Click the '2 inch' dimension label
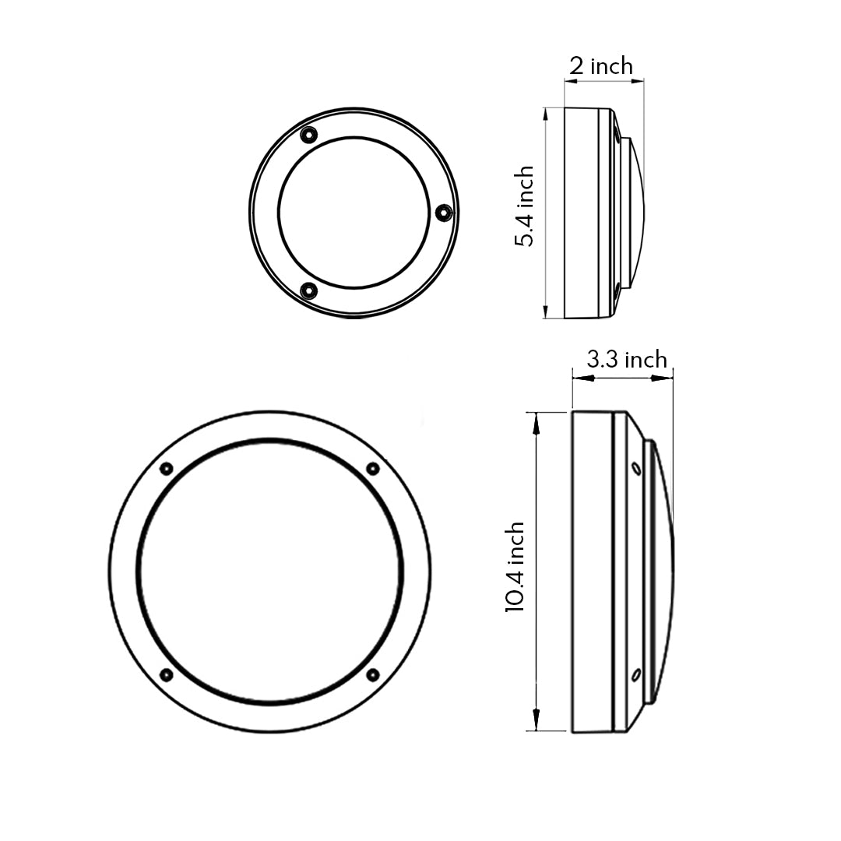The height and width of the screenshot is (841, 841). point(600,66)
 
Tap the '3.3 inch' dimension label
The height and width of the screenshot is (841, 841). point(627,360)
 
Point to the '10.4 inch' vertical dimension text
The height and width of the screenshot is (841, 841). point(515,568)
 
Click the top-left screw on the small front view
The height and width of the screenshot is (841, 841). point(308,135)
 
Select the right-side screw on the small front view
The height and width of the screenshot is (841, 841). point(443,212)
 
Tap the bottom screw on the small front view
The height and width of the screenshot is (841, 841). point(309,291)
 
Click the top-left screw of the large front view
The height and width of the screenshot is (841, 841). point(166,469)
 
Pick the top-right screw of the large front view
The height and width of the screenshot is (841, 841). point(373,469)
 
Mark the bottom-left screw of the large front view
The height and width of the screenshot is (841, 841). point(166,674)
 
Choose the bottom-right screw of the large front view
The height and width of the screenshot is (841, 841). point(373,674)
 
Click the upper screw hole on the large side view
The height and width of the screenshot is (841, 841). point(636,469)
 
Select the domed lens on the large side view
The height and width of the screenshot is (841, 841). point(663,571)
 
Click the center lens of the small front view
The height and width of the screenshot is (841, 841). point(354,213)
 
